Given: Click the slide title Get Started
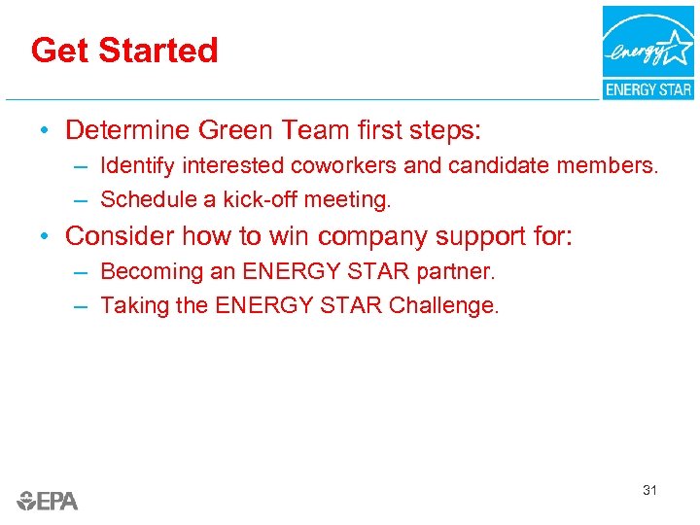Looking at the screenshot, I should tap(124, 50).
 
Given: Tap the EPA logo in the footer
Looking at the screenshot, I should tap(47, 501).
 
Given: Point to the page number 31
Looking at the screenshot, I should tap(649, 490).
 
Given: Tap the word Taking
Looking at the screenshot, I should tap(131, 305).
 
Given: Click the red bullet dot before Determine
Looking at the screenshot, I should tap(45, 130).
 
